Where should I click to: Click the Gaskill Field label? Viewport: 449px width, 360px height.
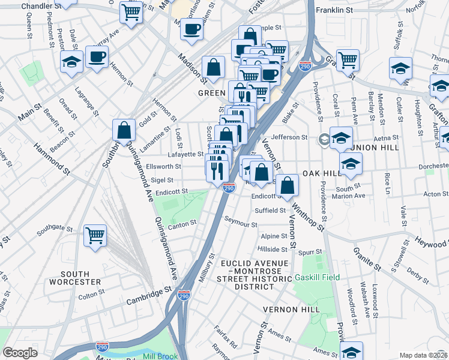[x=317, y=277]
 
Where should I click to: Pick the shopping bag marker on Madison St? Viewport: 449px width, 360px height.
[x=213, y=68]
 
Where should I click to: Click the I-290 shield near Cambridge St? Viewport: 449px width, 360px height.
[x=184, y=296]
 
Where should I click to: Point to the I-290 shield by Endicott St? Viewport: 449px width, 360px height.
[x=229, y=188]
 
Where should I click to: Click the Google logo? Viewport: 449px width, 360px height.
[x=20, y=353]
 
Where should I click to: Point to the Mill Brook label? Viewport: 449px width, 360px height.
[x=160, y=355]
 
